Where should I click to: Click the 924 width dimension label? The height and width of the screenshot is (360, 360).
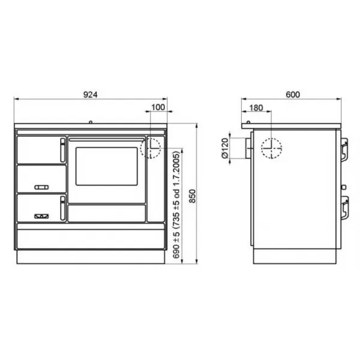pos(90,95)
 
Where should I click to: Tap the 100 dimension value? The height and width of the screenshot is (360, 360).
pos(158,107)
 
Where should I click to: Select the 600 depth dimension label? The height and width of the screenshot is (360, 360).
pos(293,95)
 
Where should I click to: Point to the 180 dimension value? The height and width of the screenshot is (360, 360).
pos(256,107)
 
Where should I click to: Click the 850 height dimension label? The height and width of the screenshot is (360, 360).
pos(193,196)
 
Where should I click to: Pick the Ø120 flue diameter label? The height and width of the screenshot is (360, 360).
pos(225,148)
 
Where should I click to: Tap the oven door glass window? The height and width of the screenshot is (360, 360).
pos(107,166)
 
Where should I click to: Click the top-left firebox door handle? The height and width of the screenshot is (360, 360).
pos(62,150)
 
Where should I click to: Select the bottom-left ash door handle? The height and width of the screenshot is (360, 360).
pos(62,208)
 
